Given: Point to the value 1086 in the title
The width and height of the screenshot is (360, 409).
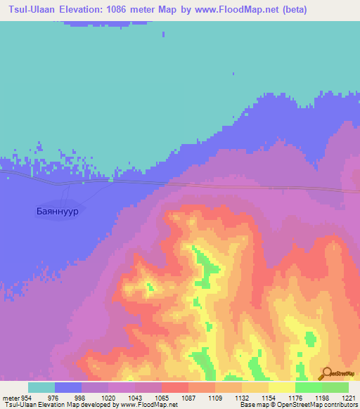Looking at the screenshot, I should pyautogui.click(x=133, y=10).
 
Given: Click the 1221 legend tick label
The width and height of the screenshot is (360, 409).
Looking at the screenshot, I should pyautogui.click(x=349, y=398).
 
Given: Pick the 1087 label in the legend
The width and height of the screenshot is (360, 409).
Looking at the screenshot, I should pyautogui.click(x=188, y=398).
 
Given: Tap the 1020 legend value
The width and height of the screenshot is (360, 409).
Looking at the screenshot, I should pyautogui.click(x=108, y=398).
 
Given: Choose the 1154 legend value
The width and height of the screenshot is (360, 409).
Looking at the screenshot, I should pyautogui.click(x=269, y=398).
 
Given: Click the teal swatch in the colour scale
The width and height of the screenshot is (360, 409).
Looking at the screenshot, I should pyautogui.click(x=41, y=387).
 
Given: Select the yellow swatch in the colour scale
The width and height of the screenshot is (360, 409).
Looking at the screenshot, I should pyautogui.click(x=281, y=387).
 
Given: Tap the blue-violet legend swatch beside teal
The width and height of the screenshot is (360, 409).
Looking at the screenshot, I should pyautogui.click(x=68, y=387).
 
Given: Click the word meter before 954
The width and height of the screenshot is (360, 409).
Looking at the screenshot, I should pyautogui.click(x=10, y=398).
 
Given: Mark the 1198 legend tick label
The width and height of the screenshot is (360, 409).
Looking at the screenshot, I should pyautogui.click(x=323, y=398).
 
